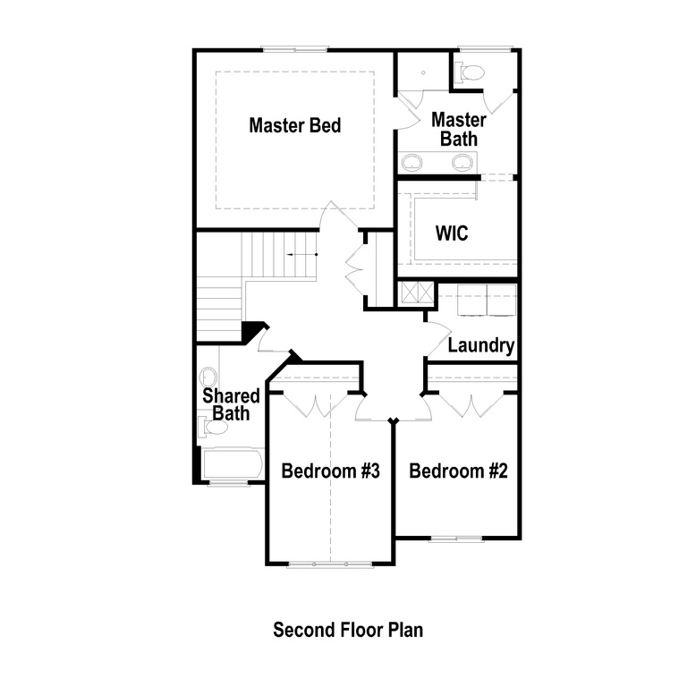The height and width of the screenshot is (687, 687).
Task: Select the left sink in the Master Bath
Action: pos(412,162)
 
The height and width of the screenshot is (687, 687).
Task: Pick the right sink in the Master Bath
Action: pos(462,162)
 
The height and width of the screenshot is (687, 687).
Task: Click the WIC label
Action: pos(452,233)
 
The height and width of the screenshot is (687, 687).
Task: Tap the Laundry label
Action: pos(480,345)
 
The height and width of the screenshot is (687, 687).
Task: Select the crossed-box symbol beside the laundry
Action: pos(411,294)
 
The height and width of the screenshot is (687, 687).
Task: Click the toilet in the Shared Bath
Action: pos(214,428)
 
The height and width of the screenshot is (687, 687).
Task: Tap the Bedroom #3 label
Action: pos(331,471)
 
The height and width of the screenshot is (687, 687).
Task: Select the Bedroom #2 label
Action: pos(458,471)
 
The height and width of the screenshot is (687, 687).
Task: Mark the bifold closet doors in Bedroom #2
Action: pos(473,403)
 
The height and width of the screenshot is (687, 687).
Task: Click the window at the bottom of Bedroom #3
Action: pos(330,564)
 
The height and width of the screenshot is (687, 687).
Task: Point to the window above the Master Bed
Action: pos(294,49)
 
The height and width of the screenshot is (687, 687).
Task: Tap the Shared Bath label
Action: pos(231,404)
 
